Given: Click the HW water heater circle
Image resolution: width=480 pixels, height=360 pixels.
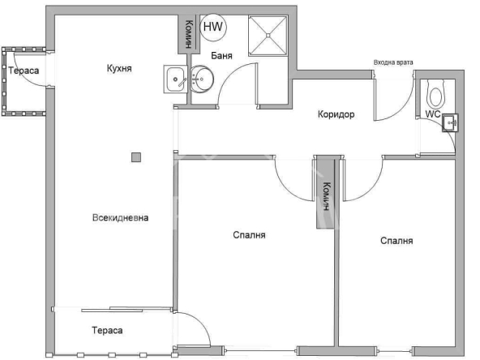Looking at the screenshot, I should point(214,27).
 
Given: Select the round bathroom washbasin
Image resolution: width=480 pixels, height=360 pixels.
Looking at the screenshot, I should point(204,79).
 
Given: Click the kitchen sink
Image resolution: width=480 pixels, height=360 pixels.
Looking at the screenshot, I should point(176,78).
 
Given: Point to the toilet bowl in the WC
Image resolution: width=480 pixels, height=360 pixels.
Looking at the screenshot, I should point(436,96).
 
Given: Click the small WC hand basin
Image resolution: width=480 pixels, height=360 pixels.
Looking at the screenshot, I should point(451,122).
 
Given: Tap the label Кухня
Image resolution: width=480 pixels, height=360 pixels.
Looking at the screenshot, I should point(119,69).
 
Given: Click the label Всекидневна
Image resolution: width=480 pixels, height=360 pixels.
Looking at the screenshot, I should point(120,217).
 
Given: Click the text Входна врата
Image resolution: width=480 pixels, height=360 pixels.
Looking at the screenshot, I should point(392,62).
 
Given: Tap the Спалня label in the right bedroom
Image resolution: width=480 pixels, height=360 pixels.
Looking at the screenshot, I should point(396,241).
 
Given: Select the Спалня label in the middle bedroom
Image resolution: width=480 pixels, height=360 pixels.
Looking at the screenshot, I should point(249,235).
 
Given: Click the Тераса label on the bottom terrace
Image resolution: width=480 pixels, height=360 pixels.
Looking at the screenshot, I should point(106,331).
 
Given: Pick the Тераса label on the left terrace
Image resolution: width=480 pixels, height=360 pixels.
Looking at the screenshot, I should point(24,71).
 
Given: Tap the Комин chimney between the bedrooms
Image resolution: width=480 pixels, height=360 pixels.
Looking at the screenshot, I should point(325,193).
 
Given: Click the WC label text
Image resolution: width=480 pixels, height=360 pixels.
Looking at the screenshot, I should point(432,114).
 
